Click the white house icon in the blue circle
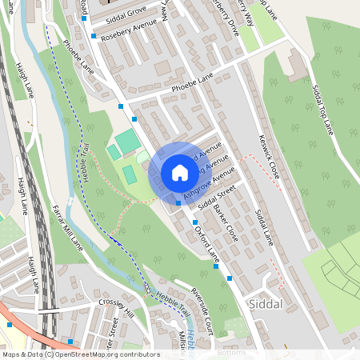click(x=180, y=173)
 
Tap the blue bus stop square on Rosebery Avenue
click(x=94, y=36)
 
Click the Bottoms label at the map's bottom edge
click(x=231, y=353)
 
